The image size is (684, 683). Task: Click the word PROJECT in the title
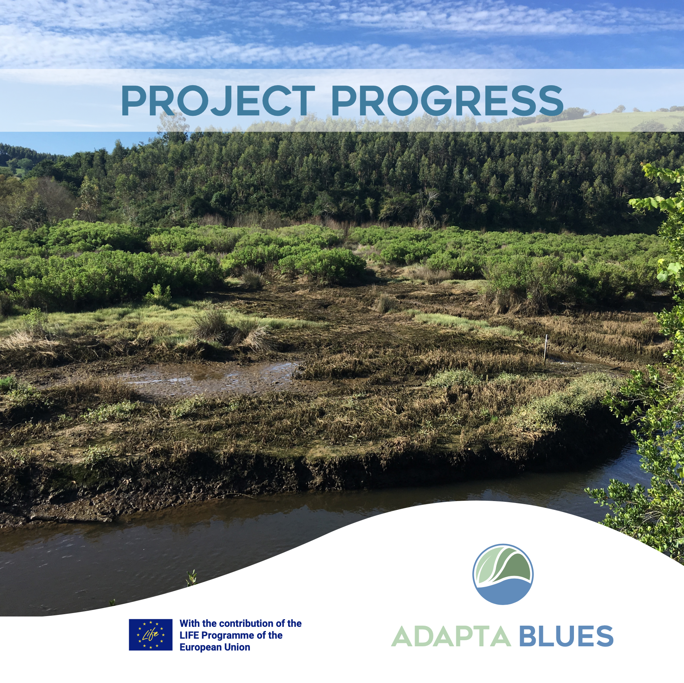(217, 101)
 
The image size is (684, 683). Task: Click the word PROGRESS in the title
(447, 101)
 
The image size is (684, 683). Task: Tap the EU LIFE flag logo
(151, 635)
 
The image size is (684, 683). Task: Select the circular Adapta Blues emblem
(503, 574)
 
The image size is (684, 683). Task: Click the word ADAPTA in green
(451, 636)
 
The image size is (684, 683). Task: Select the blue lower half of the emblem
(503, 592)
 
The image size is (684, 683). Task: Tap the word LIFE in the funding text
(190, 635)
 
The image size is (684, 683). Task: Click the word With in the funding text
(190, 623)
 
